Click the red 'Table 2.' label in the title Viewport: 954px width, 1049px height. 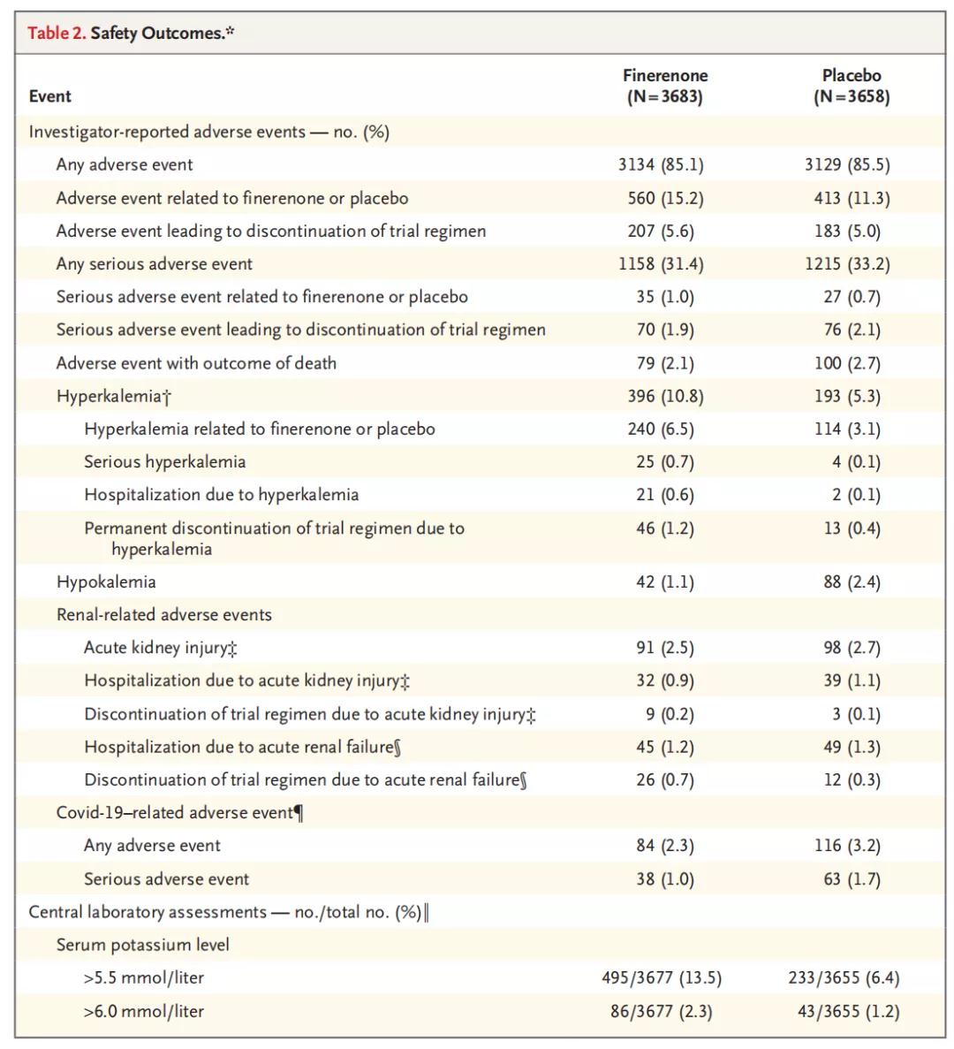click(x=57, y=33)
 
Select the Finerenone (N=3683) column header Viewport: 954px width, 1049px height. click(x=665, y=86)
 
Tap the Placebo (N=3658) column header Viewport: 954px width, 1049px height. click(x=852, y=86)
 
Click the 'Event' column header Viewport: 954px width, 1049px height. click(x=50, y=96)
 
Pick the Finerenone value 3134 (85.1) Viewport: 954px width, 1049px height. click(x=662, y=164)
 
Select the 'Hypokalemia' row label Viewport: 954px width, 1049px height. click(x=106, y=582)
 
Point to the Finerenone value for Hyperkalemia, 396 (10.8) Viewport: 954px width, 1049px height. click(x=666, y=396)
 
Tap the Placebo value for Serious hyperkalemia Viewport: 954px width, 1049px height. click(x=857, y=461)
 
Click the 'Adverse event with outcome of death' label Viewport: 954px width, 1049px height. click(x=197, y=363)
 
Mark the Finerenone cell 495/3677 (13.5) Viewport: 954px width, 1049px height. click(x=662, y=978)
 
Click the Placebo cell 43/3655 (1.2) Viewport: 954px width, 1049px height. click(x=849, y=1012)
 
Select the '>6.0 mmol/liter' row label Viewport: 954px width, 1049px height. click(x=144, y=1012)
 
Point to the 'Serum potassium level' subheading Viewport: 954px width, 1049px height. click(x=143, y=945)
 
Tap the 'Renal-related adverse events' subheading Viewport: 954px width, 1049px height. click(x=164, y=615)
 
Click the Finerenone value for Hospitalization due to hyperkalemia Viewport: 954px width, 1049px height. click(x=665, y=495)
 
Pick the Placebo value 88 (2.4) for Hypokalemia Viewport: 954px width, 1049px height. click(x=852, y=582)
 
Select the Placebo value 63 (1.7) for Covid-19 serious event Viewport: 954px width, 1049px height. click(x=852, y=879)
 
